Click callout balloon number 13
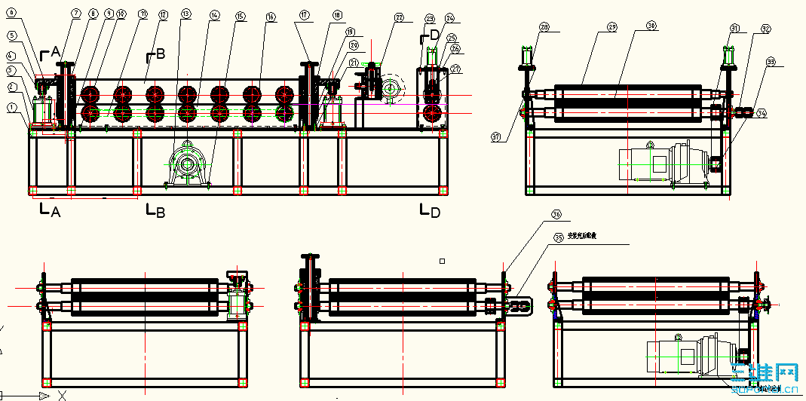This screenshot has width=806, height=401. point(186,14)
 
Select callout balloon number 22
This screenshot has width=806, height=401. point(399,17)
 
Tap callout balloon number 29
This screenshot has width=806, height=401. point(611,27)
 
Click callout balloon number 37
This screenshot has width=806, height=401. point(495,136)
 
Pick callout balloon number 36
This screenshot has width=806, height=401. point(556,215)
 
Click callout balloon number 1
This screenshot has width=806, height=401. point(12,108)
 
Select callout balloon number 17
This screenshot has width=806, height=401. point(304,14)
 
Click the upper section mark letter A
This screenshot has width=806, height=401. point(54,51)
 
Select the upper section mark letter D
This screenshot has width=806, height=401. point(434,34)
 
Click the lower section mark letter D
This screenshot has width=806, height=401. point(434,213)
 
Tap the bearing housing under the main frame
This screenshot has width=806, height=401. point(186,164)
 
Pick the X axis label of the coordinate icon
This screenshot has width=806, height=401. point(63,394)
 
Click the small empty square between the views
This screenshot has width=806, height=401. point(443,261)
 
